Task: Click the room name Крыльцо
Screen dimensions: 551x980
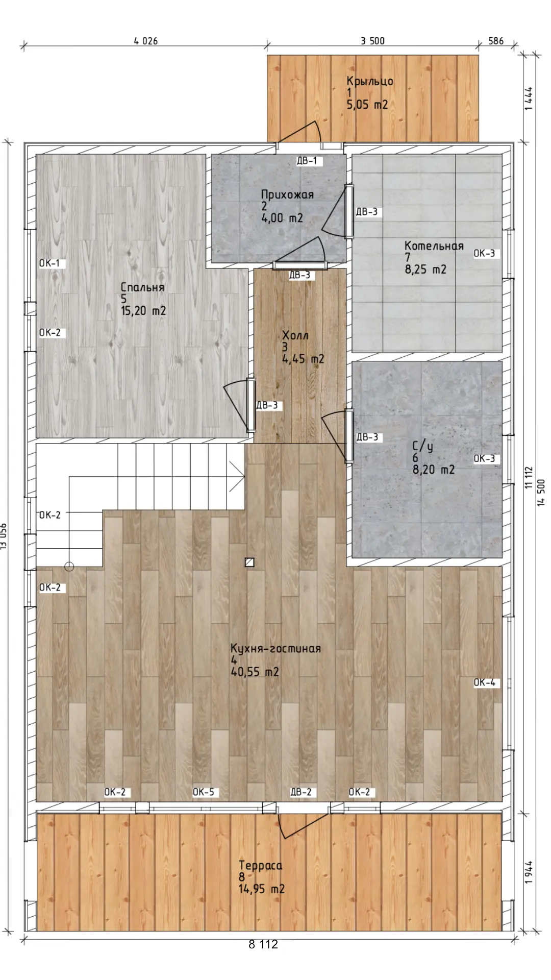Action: click(x=370, y=81)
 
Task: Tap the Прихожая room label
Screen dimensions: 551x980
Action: click(x=287, y=194)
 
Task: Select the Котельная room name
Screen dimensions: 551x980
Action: click(x=434, y=246)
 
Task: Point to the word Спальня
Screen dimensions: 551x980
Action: click(x=142, y=287)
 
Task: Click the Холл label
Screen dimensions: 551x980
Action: click(x=295, y=335)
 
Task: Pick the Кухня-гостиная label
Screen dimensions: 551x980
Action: click(x=275, y=648)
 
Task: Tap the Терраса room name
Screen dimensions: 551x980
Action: click(x=260, y=865)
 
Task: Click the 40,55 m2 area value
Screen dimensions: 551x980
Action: click(x=255, y=672)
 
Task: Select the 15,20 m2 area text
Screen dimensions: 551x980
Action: click(x=143, y=311)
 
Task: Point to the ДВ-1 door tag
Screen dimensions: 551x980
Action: click(x=307, y=161)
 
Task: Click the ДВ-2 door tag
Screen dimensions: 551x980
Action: click(x=300, y=792)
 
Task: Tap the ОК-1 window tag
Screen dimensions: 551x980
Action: click(x=49, y=263)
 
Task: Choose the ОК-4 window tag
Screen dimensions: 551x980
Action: click(x=484, y=682)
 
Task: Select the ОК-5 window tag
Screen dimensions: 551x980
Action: click(x=203, y=792)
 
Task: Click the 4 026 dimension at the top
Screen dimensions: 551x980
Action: click(x=146, y=41)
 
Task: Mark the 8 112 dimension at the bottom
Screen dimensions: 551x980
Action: click(x=263, y=944)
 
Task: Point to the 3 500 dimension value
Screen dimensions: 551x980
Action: click(x=372, y=41)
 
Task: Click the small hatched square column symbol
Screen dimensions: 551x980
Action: click(x=249, y=562)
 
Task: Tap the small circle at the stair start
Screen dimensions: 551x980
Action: click(x=69, y=567)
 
